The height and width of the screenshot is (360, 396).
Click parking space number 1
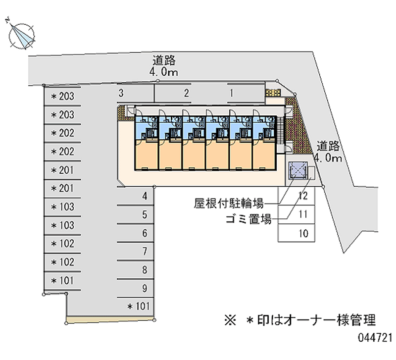tap(231, 93)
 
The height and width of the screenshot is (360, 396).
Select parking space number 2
tap(186, 93)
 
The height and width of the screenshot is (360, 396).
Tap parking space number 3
tap(121, 93)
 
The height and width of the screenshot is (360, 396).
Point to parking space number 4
tap(144, 197)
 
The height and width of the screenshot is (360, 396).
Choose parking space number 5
tap(144, 215)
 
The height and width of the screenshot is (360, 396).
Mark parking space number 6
tap(144, 233)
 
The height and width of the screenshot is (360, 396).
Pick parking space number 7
tap(144, 252)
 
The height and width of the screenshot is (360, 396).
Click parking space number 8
tap(144, 270)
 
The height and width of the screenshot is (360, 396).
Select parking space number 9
tap(144, 288)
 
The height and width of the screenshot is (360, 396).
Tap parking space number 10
tap(304, 233)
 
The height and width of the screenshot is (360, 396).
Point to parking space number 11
tap(304, 215)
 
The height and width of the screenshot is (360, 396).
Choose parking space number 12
tap(304, 196)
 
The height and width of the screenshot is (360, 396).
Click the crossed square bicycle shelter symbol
tap(297, 171)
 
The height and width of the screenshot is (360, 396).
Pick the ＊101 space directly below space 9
tap(138, 306)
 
